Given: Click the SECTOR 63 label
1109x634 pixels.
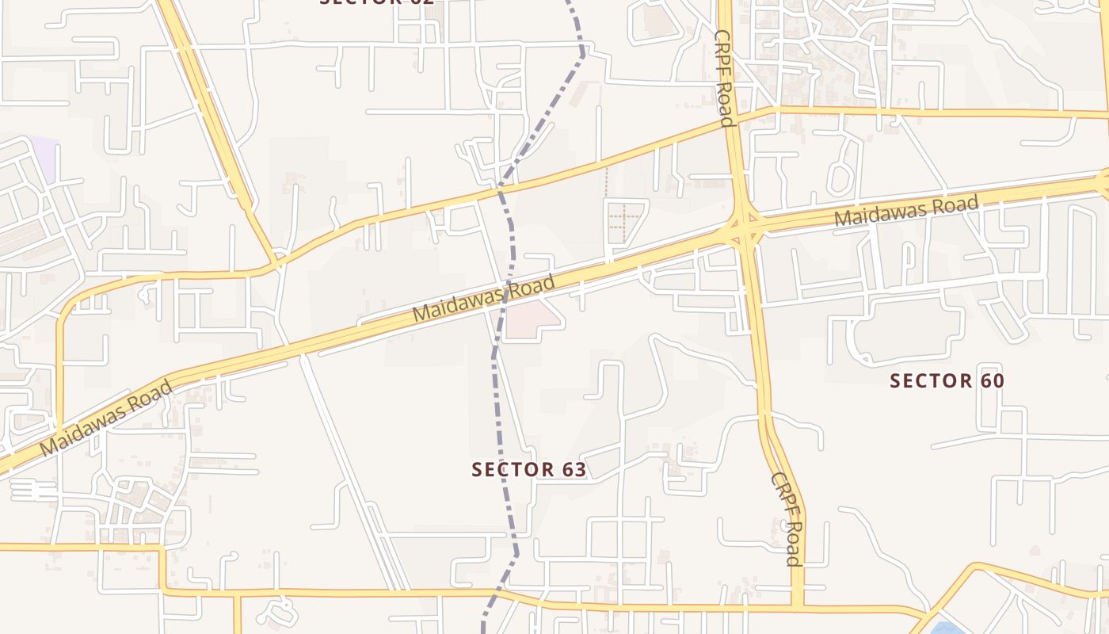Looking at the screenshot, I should click(528, 469).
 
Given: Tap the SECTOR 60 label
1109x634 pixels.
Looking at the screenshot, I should click(947, 381).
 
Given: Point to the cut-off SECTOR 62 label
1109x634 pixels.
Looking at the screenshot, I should click(376, 2).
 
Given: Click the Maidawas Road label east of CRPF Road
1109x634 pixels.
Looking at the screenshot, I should click(906, 211).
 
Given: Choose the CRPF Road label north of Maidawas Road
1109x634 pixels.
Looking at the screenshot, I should click(724, 78).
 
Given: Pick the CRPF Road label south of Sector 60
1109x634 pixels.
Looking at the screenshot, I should click(787, 519).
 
